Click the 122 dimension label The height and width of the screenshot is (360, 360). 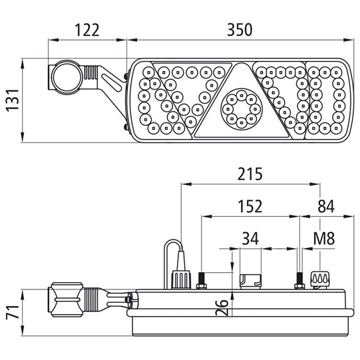coord(87,30)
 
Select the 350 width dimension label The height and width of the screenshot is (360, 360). coord(240,30)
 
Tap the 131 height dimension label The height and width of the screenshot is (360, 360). coord(13,100)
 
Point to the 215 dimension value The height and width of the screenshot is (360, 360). coord(250,174)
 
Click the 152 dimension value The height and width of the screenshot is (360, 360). coord(250,206)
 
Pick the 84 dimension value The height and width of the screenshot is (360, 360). coord(326,206)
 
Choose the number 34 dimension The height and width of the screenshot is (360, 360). coord(250,238)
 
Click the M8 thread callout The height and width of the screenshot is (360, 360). coord(324,238)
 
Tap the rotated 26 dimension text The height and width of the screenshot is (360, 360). coord(222,307)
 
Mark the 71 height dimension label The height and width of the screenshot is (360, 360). coord(13,312)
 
